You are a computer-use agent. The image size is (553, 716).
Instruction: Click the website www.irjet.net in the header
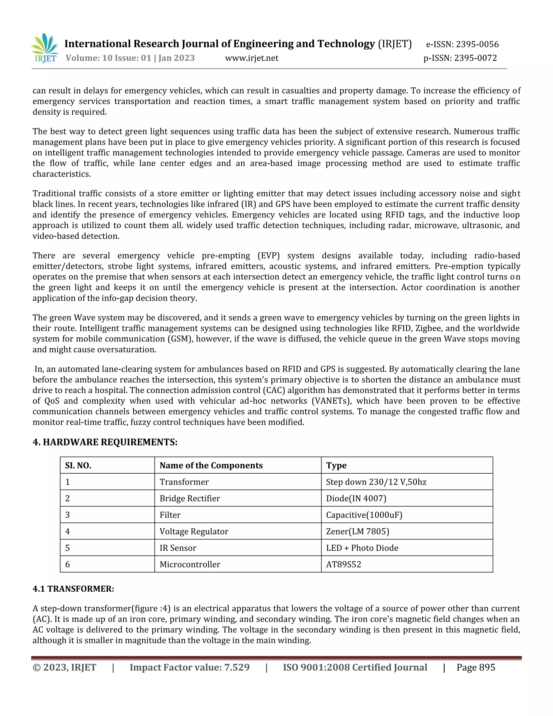click(252, 58)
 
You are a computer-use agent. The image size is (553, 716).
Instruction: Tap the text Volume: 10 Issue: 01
click(108, 58)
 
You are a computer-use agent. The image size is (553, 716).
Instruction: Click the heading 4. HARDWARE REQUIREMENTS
click(105, 442)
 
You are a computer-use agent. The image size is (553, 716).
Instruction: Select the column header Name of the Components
click(211, 466)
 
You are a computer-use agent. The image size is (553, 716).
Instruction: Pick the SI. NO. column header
click(78, 466)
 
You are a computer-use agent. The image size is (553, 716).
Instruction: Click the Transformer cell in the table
click(184, 482)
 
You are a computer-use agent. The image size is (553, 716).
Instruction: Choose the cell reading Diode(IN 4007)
click(356, 498)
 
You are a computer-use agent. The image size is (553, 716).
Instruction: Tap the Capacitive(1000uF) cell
click(364, 515)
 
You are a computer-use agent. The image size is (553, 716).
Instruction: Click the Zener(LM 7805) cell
click(358, 531)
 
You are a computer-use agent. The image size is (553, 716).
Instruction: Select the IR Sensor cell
click(178, 548)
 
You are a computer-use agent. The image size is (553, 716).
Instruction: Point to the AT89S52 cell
click(343, 564)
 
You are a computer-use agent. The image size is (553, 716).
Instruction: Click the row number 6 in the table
click(68, 564)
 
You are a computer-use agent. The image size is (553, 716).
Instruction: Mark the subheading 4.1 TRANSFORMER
click(73, 589)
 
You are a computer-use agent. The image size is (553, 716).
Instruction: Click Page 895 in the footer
click(476, 667)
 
